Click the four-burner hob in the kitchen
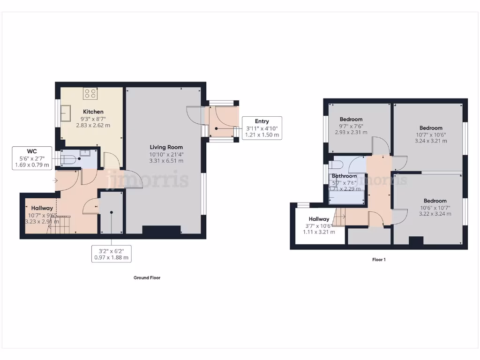(90, 94)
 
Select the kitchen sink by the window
(65, 114)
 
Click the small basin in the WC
(85, 153)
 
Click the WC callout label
(32, 158)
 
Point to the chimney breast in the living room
(162, 230)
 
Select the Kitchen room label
(93, 112)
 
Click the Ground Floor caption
(147, 277)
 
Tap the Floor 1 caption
(379, 259)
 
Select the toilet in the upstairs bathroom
(336, 165)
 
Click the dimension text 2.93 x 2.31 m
(351, 133)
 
